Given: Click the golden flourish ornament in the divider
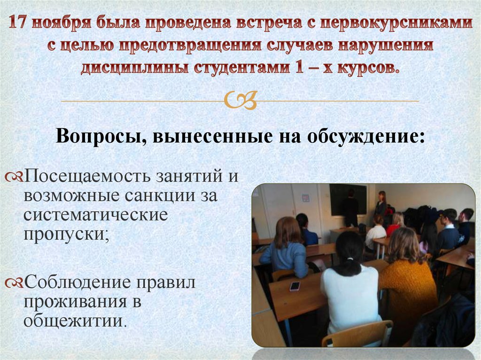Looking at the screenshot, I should coord(240,100).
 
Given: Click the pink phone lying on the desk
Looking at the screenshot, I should coord(295,286).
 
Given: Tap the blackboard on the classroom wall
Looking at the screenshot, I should coord(348,198).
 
